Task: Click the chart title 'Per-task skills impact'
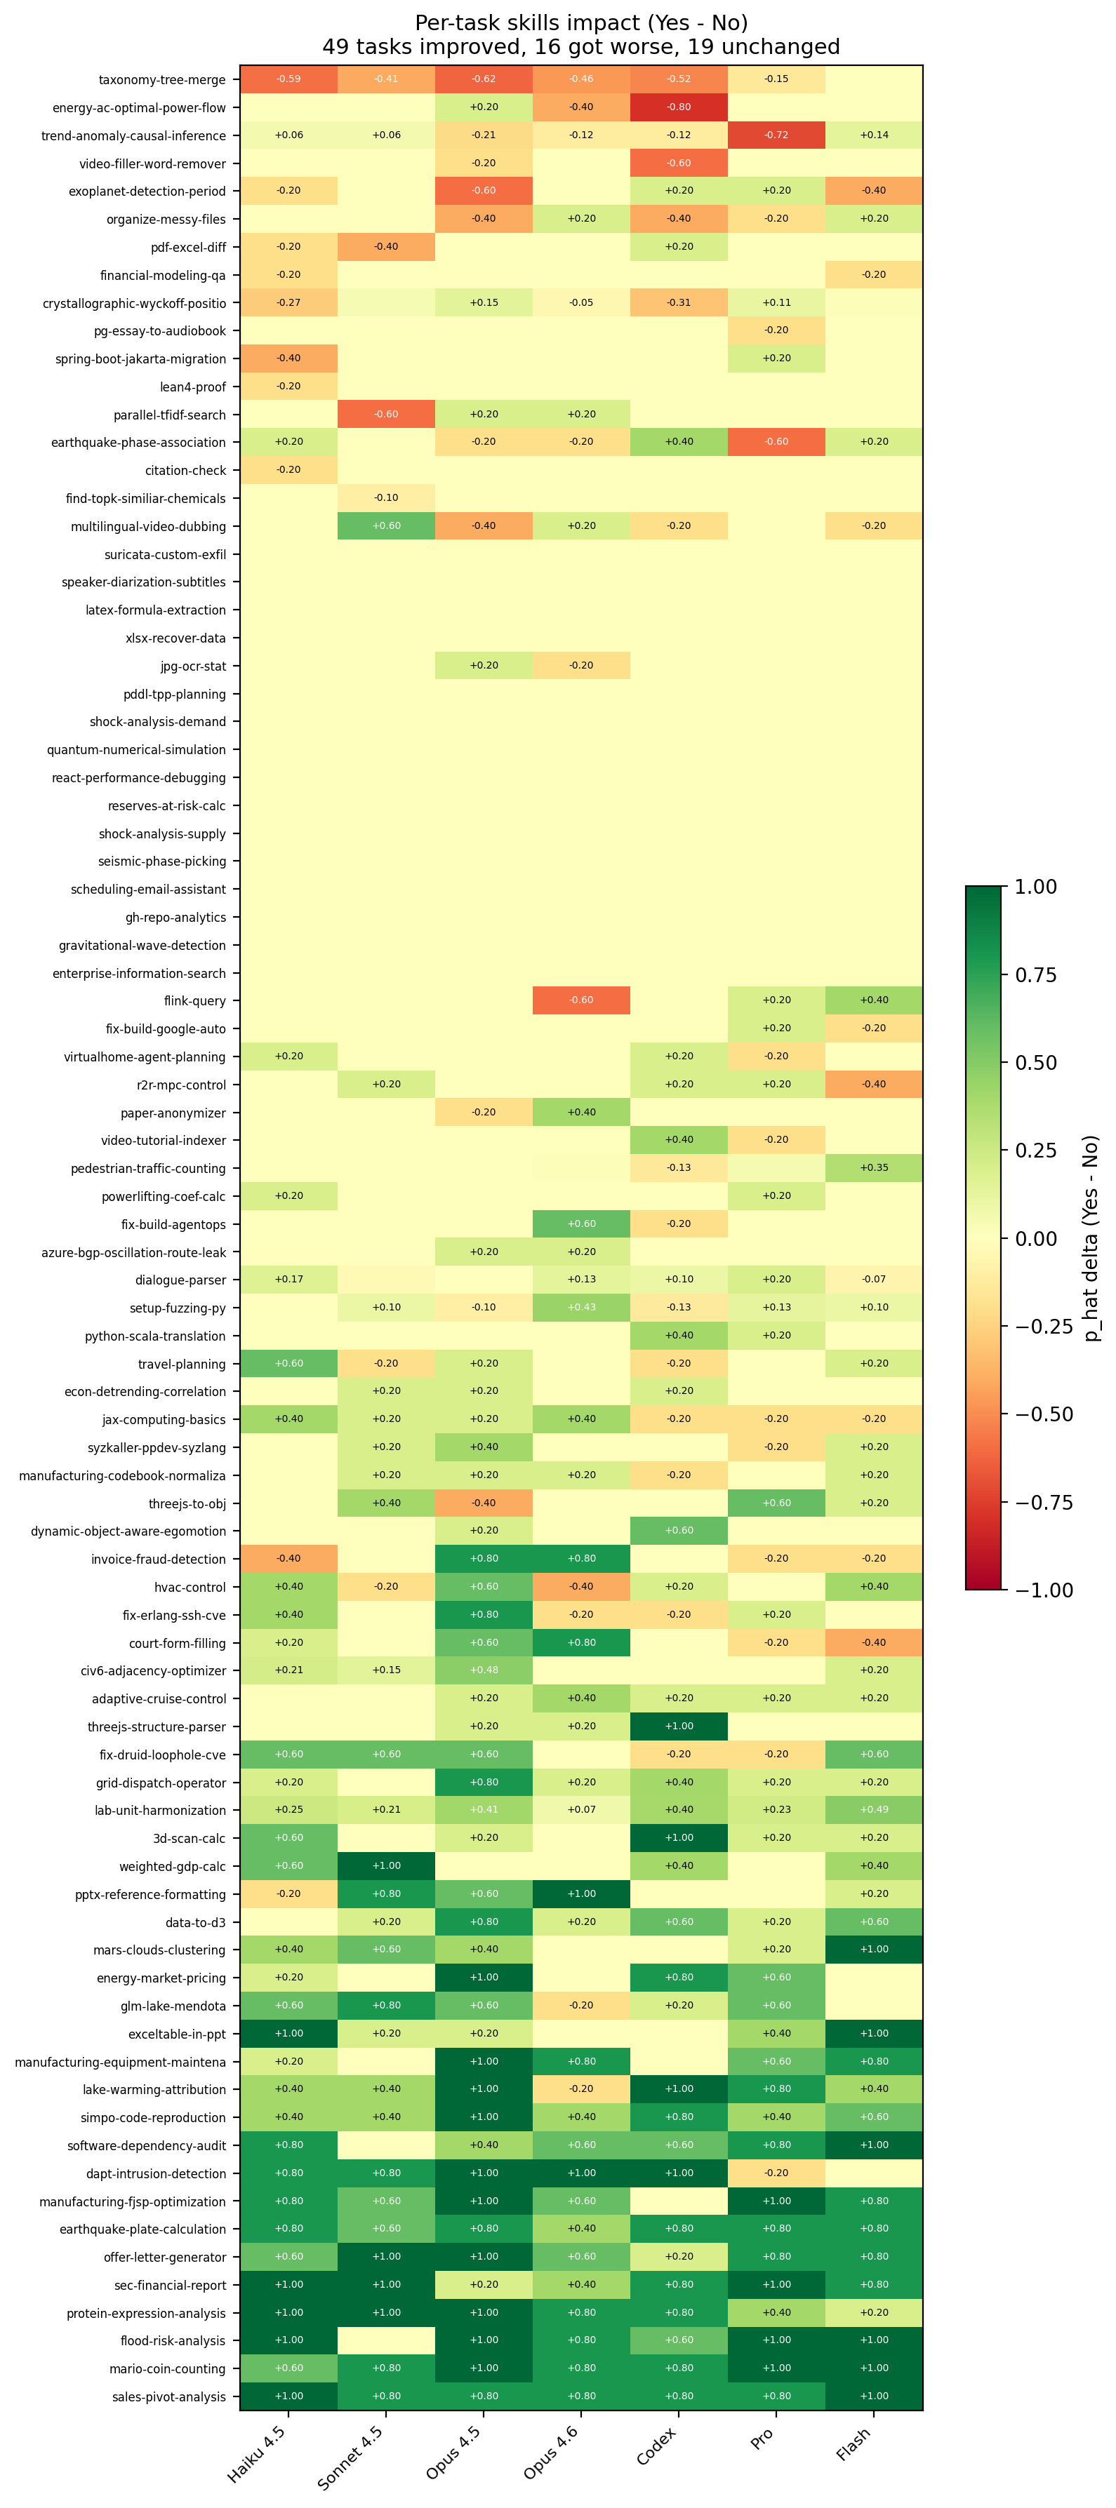click(580, 22)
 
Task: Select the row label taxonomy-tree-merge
click(161, 80)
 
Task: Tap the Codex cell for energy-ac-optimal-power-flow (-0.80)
click(679, 107)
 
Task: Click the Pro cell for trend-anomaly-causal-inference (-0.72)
click(776, 135)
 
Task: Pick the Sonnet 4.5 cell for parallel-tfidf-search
click(387, 415)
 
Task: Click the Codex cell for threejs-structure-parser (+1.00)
click(679, 1727)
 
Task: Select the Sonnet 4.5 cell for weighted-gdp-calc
click(387, 1866)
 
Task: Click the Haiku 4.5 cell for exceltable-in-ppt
click(289, 2034)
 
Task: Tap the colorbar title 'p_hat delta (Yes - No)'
click(1091, 1238)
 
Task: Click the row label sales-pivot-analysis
click(168, 2397)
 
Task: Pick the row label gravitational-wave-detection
click(142, 946)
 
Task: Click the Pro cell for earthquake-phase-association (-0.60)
click(776, 443)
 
